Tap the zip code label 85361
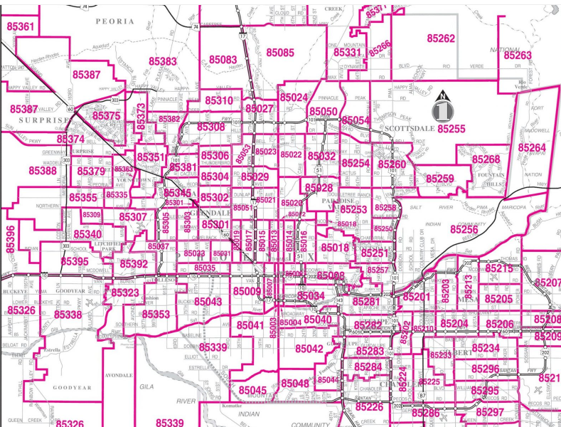[x=20, y=26]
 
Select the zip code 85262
[x=441, y=38]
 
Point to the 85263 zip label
[x=517, y=55]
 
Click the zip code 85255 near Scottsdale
[x=451, y=129]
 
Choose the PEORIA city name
[x=114, y=21]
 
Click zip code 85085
[x=280, y=53]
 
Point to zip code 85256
[x=464, y=229]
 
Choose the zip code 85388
[x=43, y=171]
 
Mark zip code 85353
[x=156, y=314]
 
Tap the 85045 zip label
[x=252, y=390]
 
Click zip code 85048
[x=295, y=384]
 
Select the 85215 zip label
[x=498, y=268]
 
